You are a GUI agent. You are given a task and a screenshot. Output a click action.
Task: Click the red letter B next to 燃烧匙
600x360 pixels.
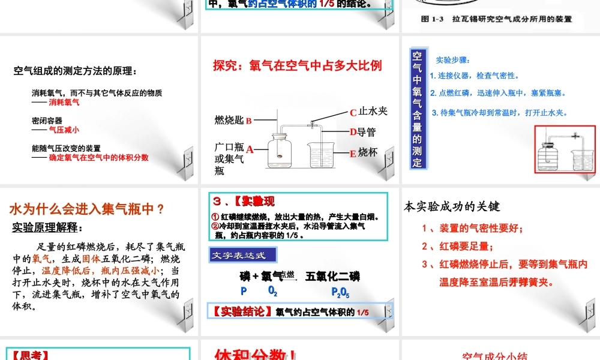coord(248,121)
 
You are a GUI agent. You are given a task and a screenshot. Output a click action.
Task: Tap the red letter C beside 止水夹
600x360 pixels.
coord(353,113)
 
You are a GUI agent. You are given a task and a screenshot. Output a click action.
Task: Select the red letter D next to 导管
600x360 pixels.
coord(353,133)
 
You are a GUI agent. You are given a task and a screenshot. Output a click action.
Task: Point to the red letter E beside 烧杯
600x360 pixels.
coord(353,154)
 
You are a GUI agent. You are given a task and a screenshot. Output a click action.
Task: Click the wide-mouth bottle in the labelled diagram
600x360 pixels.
coord(280,154)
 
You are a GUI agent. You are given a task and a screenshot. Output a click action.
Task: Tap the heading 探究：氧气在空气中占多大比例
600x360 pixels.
coord(298,65)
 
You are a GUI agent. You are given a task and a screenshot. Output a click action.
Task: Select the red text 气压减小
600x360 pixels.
coord(64,130)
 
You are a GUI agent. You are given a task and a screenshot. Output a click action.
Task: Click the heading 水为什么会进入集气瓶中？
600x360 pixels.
coord(87,209)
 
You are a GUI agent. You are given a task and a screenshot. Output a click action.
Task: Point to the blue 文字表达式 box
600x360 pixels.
coord(242,255)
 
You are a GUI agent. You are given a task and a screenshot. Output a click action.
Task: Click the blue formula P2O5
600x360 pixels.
coord(340,292)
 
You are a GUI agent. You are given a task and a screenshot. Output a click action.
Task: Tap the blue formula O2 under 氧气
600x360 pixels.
coord(272,292)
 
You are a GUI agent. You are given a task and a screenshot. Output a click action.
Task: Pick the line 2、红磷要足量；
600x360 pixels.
coord(457,246)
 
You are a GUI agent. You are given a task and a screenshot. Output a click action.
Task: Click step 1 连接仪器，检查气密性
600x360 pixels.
coord(475,76)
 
